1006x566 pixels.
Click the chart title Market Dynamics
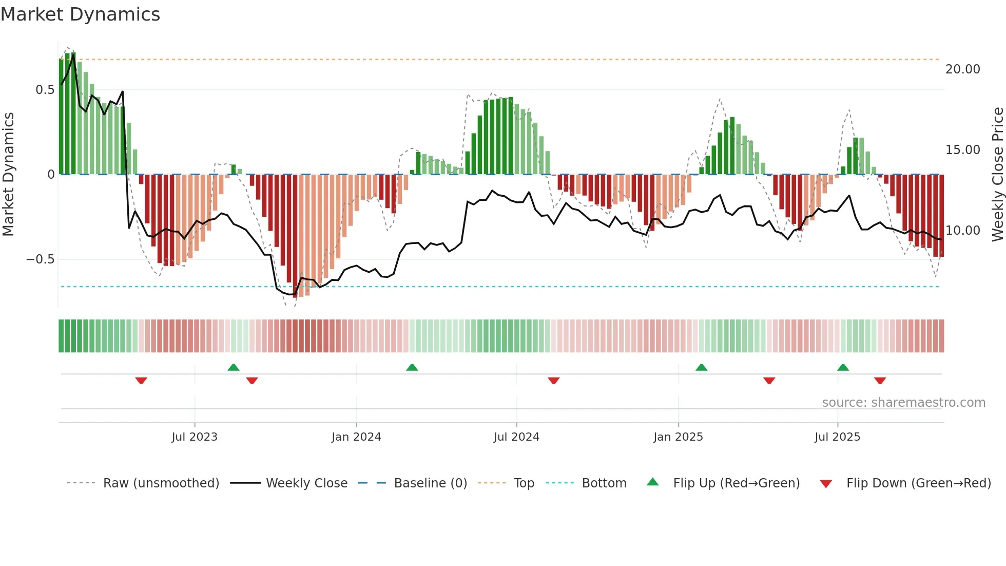(80, 14)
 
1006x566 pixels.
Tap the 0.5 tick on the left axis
(45, 90)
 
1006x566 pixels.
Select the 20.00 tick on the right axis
(962, 69)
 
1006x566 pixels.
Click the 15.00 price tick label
(962, 150)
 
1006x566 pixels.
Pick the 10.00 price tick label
(962, 231)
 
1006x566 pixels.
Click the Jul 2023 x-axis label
(195, 437)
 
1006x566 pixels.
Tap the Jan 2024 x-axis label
(356, 437)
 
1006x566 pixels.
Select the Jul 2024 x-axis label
(516, 437)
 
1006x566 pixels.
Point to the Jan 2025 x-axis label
(678, 437)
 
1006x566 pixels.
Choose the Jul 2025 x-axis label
(837, 437)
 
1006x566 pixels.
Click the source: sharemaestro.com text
(903, 403)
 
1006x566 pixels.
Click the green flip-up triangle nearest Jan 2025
(701, 367)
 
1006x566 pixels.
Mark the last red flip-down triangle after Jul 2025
(880, 381)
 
